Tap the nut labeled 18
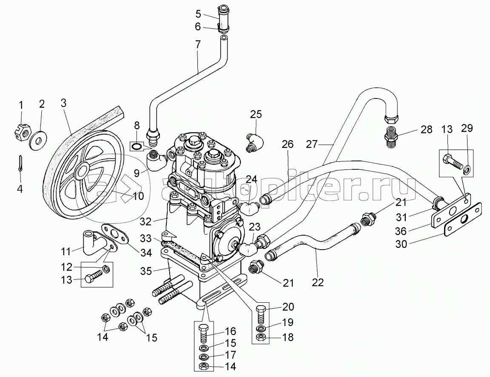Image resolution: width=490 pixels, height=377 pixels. [262, 338]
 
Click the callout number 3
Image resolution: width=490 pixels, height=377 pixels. [63, 103]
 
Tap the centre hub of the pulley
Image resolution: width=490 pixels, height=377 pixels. [80, 172]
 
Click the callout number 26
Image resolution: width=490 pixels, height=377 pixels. [288, 144]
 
